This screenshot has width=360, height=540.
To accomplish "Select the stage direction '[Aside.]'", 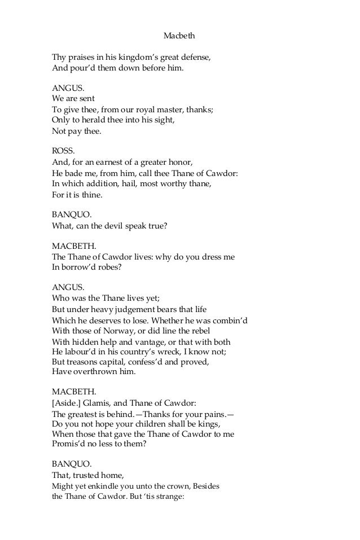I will [x=67, y=403].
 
